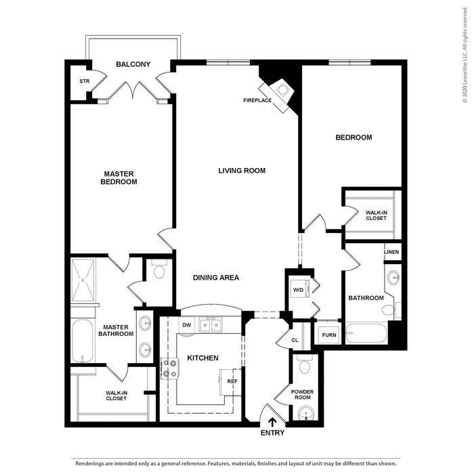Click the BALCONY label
(x=133, y=64)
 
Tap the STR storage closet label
(x=85, y=81)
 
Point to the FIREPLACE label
(x=257, y=100)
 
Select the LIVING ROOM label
(x=242, y=171)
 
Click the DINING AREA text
(x=216, y=278)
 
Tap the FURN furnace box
(x=328, y=335)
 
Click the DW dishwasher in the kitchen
(x=187, y=325)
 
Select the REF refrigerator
(x=231, y=382)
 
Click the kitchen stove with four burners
(x=171, y=368)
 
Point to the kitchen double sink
(x=211, y=325)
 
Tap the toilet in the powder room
(x=305, y=364)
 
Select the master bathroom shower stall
(x=83, y=280)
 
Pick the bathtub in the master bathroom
(x=83, y=341)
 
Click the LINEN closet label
(x=391, y=252)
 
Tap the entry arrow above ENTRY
(x=272, y=422)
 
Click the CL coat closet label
(x=295, y=340)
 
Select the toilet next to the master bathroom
(x=159, y=270)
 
